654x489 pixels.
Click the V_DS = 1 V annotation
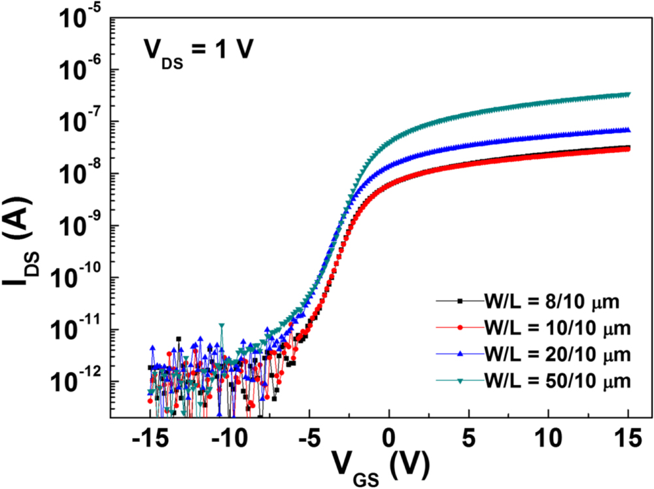coord(195,52)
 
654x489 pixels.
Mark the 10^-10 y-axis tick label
coord(73,278)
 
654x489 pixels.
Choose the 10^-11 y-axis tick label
coord(73,329)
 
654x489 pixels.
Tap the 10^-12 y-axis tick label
coord(73,382)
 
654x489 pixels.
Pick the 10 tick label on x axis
coord(549,437)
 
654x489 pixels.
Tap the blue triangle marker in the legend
coord(460,354)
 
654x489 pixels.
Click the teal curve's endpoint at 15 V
coord(628,94)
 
